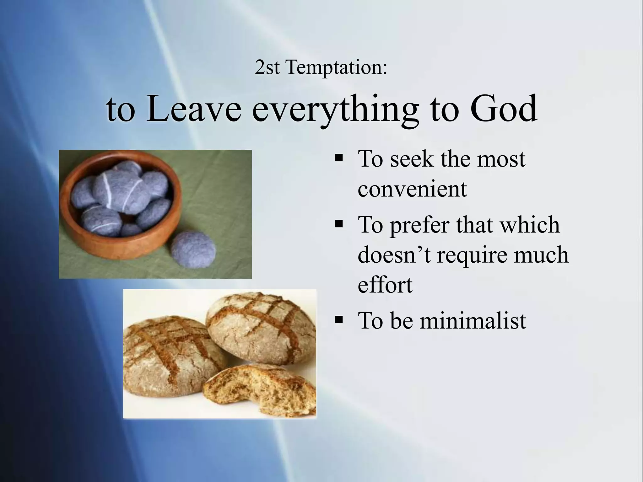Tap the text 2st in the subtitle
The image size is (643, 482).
pyautogui.click(x=267, y=67)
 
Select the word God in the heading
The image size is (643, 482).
pyautogui.click(x=503, y=108)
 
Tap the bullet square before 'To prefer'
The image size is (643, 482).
pyautogui.click(x=339, y=223)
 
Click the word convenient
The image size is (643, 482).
pyautogui.click(x=412, y=189)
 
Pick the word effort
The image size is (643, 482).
pyautogui.click(x=385, y=285)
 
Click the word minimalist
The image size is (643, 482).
pyautogui.click(x=473, y=320)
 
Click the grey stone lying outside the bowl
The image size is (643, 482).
pyautogui.click(x=193, y=250)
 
